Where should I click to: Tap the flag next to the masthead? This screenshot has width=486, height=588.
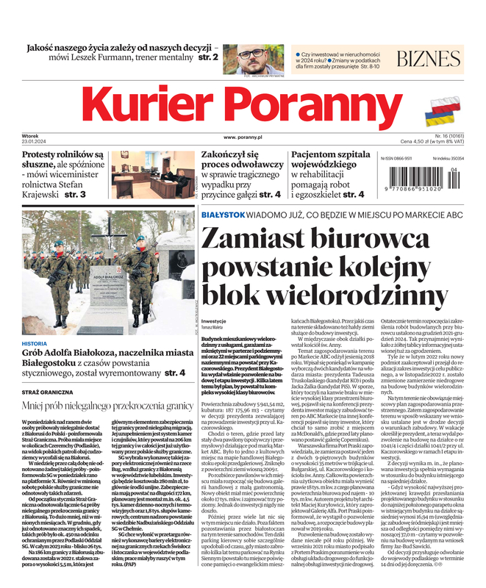pyautogui.click(x=443, y=110)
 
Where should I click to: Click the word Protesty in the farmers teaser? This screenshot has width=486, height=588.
pyautogui.click(x=46, y=156)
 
